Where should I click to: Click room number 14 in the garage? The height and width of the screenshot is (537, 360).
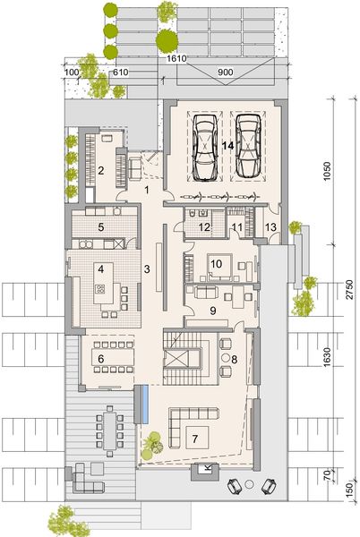[x=228, y=143]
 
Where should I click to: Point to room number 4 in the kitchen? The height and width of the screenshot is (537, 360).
[x=101, y=268]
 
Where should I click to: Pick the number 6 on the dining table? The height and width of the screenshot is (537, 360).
[x=101, y=359]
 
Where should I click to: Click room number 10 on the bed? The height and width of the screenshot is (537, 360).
[x=216, y=264]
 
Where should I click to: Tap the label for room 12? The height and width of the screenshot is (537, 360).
[x=204, y=228]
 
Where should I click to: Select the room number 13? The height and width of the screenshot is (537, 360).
[x=270, y=228]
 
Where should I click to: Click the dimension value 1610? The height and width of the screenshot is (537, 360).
[x=176, y=56]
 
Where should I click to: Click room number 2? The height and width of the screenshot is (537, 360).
[x=101, y=170]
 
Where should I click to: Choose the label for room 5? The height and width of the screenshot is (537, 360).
[x=101, y=227]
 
